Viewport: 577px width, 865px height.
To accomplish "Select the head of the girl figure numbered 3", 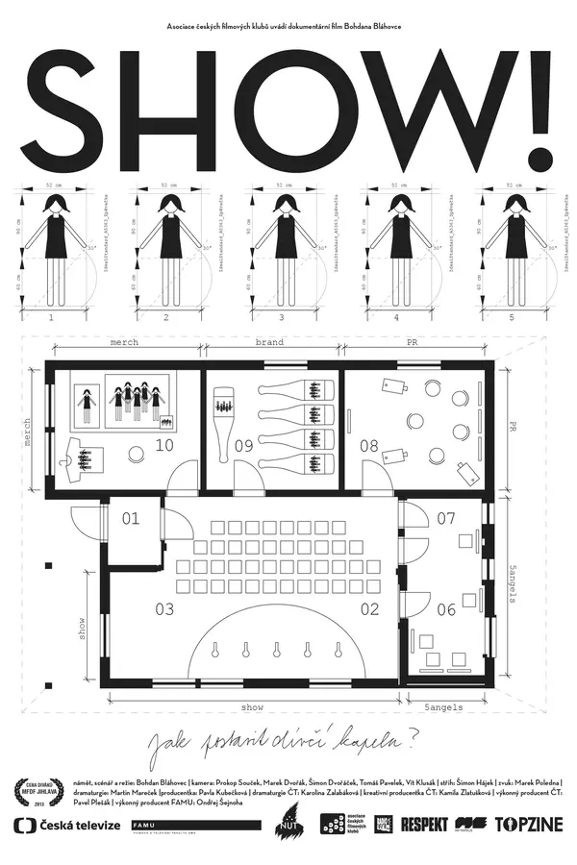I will click(x=285, y=203).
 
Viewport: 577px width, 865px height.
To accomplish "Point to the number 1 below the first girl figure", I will click(x=52, y=316).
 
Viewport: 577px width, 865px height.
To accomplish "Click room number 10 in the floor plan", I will click(x=163, y=445).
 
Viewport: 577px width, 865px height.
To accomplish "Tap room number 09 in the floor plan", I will click(x=242, y=445).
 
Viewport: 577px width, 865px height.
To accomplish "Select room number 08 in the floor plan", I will click(x=369, y=445).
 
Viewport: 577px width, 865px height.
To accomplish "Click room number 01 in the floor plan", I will click(x=130, y=519).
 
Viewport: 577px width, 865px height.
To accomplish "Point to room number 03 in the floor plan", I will click(x=163, y=608).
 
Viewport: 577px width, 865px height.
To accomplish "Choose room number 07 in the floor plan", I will click(x=446, y=519).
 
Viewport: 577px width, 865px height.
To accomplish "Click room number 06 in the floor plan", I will click(x=446, y=608).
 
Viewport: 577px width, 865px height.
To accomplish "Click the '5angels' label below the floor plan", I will click(x=444, y=708).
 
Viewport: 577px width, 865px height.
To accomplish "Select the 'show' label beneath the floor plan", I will click(x=253, y=708).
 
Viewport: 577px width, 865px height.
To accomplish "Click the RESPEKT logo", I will click(x=432, y=824).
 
